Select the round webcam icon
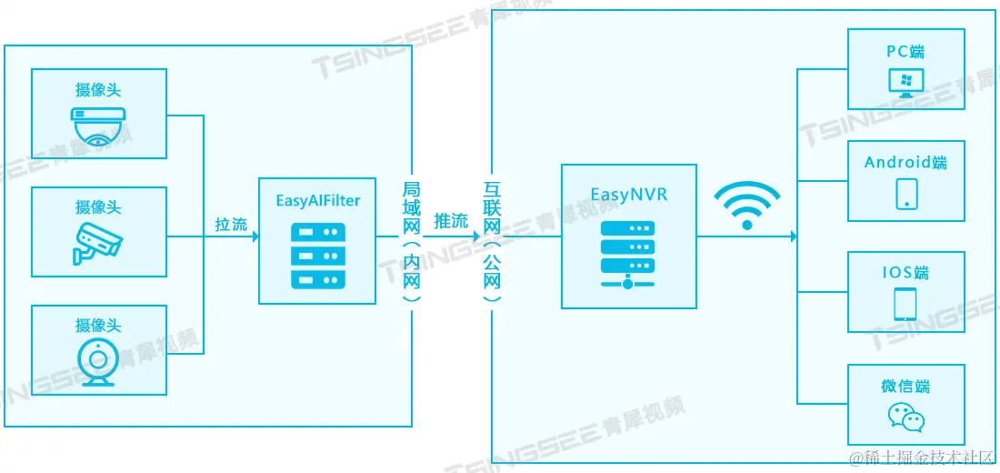tap(97, 363)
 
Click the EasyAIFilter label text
tap(317, 200)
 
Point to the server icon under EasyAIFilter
tap(317, 257)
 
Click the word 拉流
tap(231, 224)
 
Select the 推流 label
tap(451, 221)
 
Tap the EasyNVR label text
tap(628, 194)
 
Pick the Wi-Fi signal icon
tap(746, 206)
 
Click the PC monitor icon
tap(905, 84)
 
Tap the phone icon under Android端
tap(905, 194)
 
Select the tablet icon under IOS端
tap(905, 304)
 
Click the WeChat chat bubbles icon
tap(905, 417)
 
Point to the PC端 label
tap(905, 51)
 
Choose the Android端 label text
tap(905, 163)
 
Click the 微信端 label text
tap(905, 387)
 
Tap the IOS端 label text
tap(905, 273)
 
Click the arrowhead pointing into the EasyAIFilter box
tap(255, 236)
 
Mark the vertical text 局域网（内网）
tap(411, 241)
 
